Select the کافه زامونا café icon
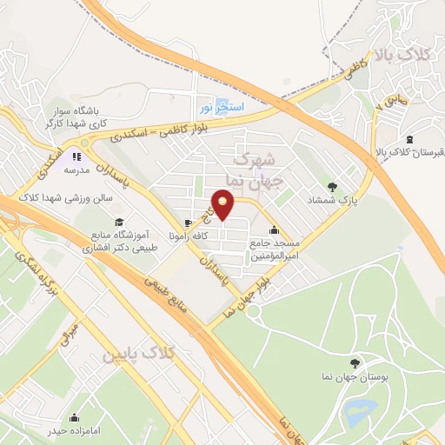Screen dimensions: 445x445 click(x=189, y=222)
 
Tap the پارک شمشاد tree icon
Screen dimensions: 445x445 click(x=331, y=186)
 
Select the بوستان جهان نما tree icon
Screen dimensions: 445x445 click(x=353, y=364)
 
